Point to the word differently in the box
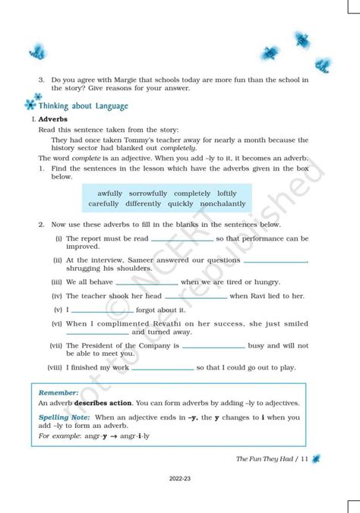pyautogui.click(x=144, y=204)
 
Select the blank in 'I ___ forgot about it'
pyautogui.click(x=103, y=310)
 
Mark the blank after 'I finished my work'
pyautogui.click(x=162, y=368)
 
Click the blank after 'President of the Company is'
pyautogui.click(x=213, y=346)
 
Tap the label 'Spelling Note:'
pyautogui.click(x=65, y=417)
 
